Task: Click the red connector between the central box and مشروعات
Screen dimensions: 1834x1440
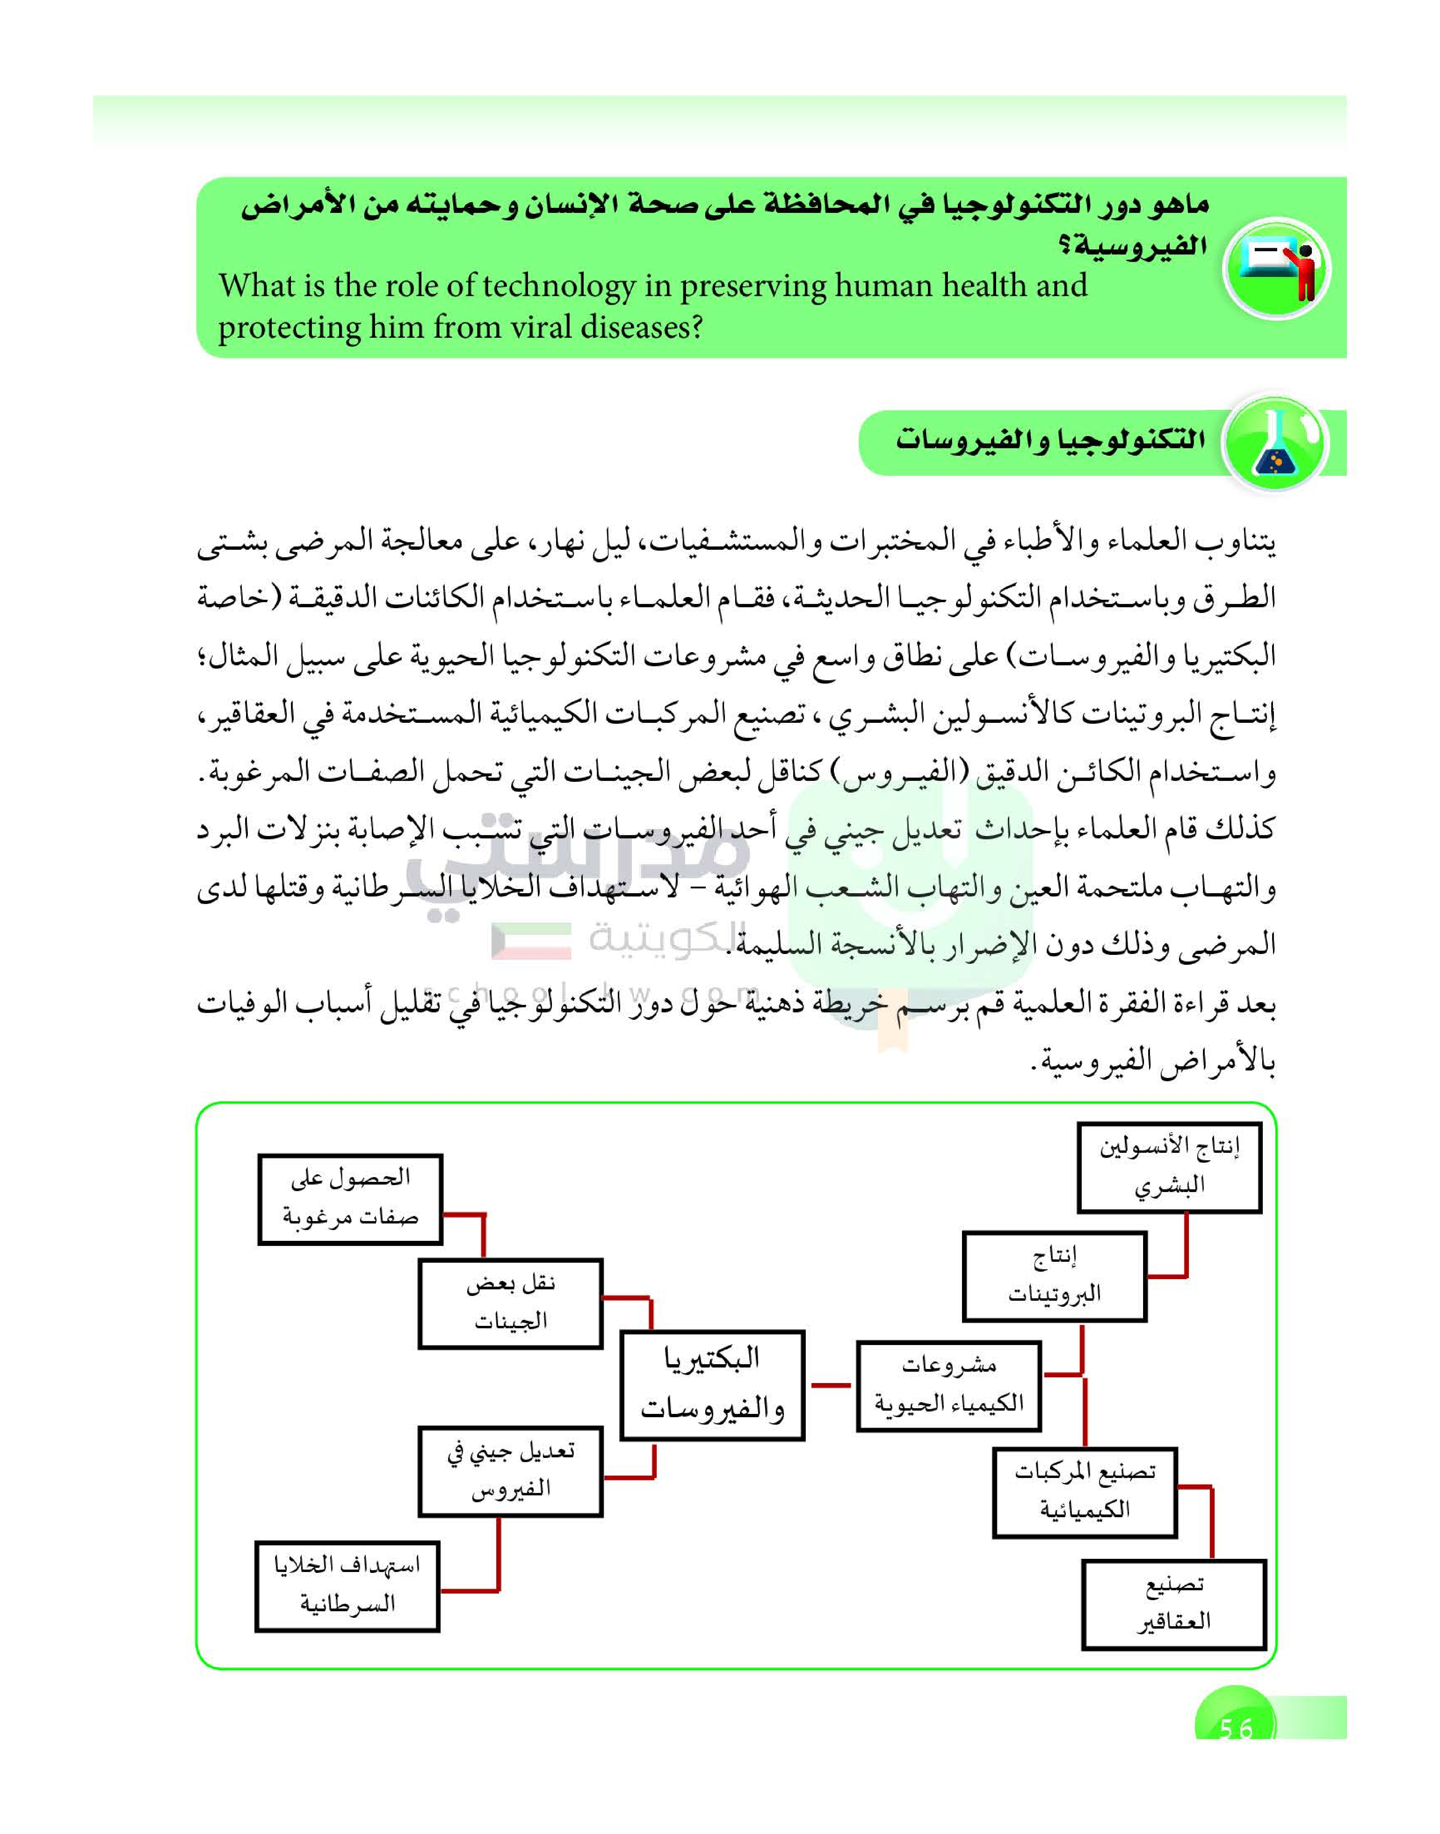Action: click(x=830, y=1385)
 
